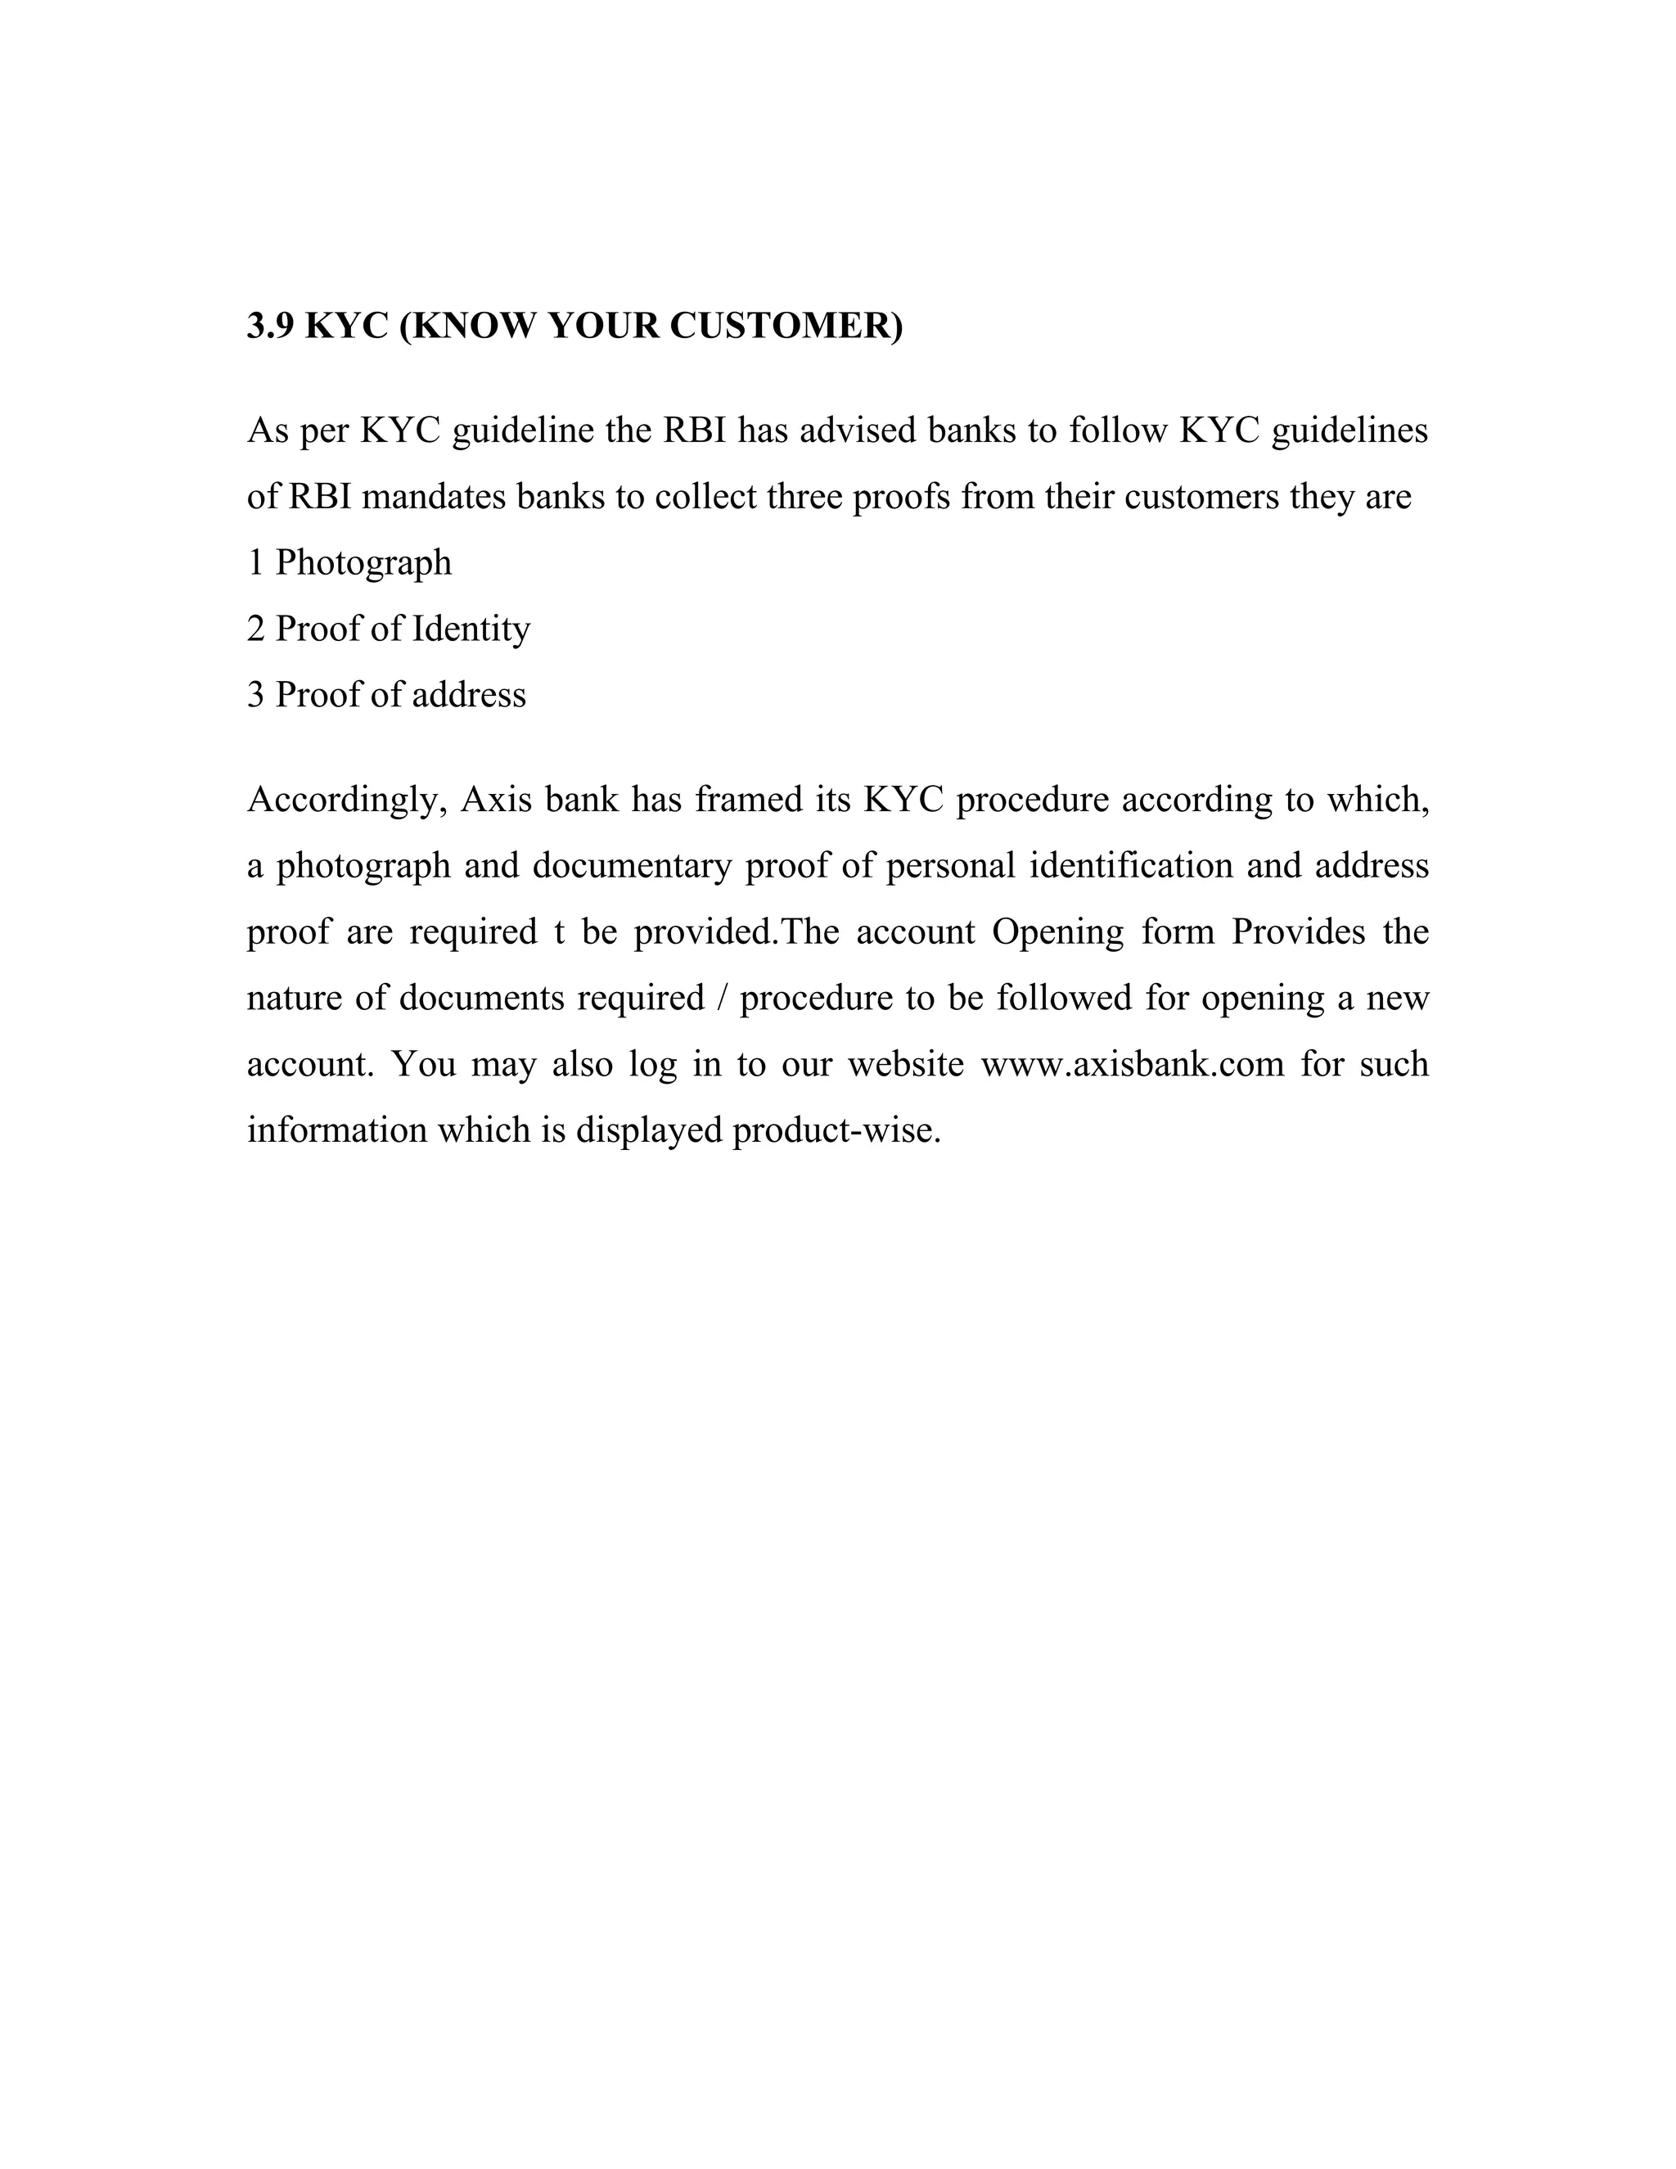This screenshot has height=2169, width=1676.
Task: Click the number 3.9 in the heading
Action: click(x=270, y=326)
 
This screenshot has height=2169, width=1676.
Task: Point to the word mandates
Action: click(x=433, y=497)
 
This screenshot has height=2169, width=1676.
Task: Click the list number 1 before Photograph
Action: click(x=255, y=563)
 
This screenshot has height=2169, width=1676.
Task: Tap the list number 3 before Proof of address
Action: click(x=255, y=695)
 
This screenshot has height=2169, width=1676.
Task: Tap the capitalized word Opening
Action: click(x=1057, y=932)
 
